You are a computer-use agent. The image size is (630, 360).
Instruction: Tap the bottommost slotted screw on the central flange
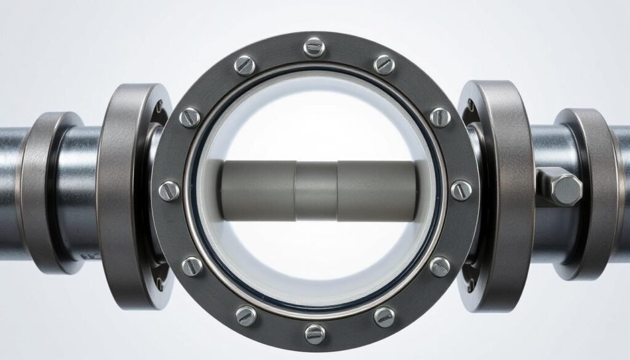pyautogui.click(x=314, y=333)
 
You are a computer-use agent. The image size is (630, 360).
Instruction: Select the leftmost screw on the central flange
pyautogui.click(x=169, y=190)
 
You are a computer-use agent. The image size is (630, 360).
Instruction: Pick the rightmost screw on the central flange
pyautogui.click(x=460, y=190)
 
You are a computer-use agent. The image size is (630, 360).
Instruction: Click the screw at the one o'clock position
pyautogui.click(x=385, y=64)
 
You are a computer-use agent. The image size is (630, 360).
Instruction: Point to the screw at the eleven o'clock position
pyautogui.click(x=244, y=65)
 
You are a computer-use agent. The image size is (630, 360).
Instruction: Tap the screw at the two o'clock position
pyautogui.click(x=439, y=116)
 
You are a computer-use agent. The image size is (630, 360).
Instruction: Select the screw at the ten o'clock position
pyautogui.click(x=190, y=117)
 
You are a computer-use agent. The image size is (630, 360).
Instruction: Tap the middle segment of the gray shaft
pyautogui.click(x=316, y=191)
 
